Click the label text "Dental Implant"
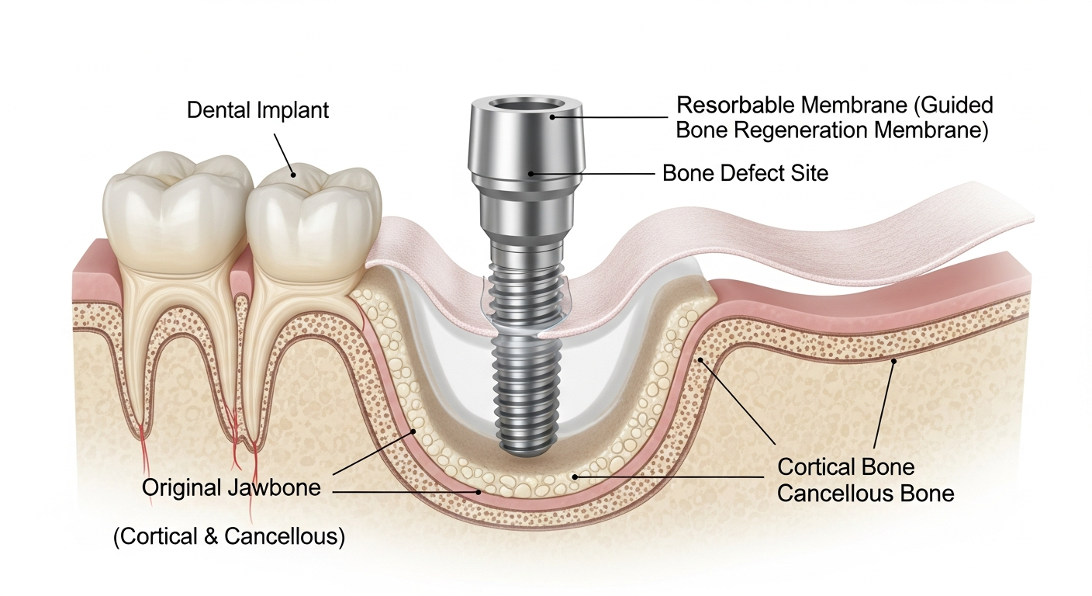click(257, 110)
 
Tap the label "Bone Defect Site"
click(745, 172)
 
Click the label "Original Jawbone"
click(231, 489)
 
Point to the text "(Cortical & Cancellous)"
click(229, 536)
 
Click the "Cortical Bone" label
click(845, 467)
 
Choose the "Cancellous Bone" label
click(866, 493)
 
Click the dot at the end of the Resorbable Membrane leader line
click(553, 117)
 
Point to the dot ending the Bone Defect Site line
click(531, 173)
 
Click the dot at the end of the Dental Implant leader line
click(294, 175)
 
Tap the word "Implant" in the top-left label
click(293, 110)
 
